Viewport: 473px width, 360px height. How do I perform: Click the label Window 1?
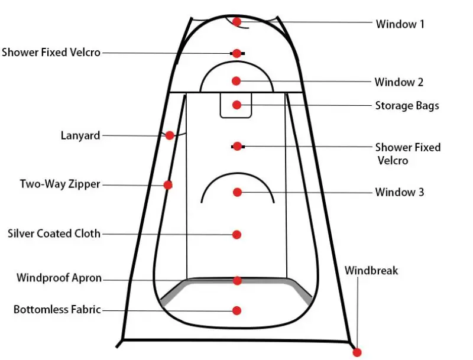click(x=400, y=24)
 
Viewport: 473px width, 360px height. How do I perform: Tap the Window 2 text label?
click(x=399, y=82)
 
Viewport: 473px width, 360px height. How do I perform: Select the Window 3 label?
click(x=400, y=192)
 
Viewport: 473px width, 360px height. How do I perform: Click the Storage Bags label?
click(x=407, y=106)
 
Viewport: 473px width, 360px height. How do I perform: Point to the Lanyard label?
click(x=80, y=135)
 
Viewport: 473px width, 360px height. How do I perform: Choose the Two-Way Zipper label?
click(x=60, y=184)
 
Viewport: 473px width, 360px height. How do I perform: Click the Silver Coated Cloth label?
click(x=54, y=233)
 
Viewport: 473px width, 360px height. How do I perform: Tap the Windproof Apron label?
click(x=59, y=278)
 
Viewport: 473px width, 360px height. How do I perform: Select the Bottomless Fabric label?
click(x=57, y=309)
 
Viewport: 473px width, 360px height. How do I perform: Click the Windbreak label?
click(x=371, y=271)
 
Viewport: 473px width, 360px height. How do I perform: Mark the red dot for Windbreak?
click(x=357, y=352)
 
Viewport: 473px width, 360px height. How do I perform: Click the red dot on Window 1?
click(x=237, y=22)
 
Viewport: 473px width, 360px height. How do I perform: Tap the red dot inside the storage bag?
click(x=237, y=105)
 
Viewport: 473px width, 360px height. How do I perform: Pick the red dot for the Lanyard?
click(x=170, y=135)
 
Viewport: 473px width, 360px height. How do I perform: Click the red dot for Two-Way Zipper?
click(x=168, y=185)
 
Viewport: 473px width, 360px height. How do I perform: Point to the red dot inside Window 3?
click(x=237, y=192)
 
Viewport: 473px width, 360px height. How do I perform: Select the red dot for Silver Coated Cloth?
click(x=237, y=235)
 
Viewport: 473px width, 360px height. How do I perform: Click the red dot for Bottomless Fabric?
click(x=237, y=310)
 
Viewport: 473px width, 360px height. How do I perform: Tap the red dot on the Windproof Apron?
click(x=237, y=280)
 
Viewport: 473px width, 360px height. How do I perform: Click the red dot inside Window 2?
click(x=237, y=80)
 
